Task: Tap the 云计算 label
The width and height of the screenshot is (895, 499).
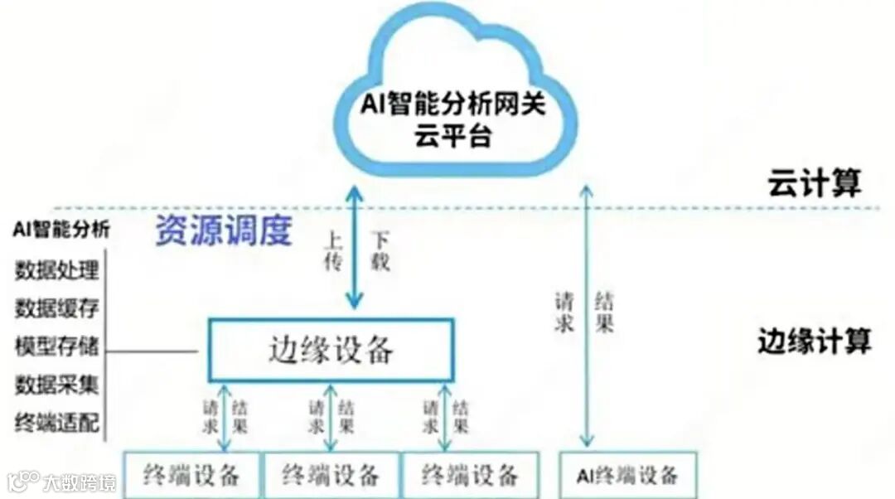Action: point(814,182)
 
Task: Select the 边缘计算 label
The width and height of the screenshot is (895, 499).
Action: point(814,341)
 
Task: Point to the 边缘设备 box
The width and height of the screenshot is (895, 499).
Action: point(330,351)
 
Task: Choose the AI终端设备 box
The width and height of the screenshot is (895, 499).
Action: point(627,475)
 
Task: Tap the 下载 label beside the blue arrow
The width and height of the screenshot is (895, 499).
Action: point(379,253)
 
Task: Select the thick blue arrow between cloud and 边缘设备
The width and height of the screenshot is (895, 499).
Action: point(355,249)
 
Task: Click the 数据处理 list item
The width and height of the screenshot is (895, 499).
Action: point(57,270)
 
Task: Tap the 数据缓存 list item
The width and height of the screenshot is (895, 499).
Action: point(57,308)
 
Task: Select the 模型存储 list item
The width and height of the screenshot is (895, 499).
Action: point(57,346)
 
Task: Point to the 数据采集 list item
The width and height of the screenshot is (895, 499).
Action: point(57,385)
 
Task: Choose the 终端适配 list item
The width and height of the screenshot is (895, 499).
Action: point(57,423)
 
